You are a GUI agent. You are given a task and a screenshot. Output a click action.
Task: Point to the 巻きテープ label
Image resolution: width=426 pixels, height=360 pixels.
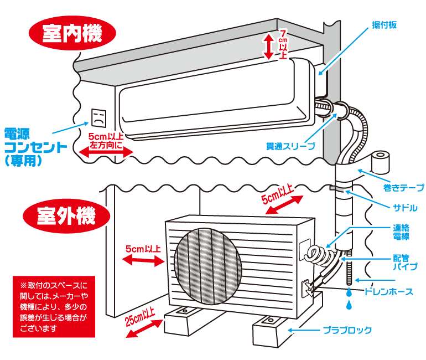(x=403, y=188)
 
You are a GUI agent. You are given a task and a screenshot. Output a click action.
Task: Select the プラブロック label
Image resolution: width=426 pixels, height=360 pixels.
(x=347, y=331)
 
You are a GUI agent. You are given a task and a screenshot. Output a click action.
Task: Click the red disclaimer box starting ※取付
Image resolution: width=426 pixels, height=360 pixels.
(x=54, y=306)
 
